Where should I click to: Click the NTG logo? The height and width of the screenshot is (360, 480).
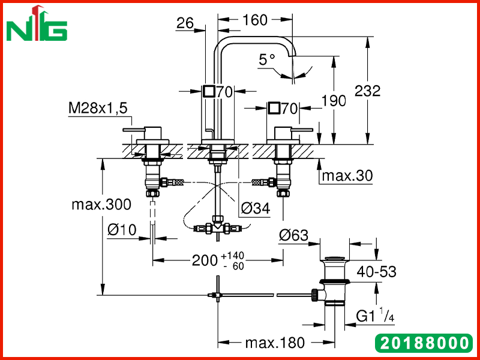click(x=37, y=24)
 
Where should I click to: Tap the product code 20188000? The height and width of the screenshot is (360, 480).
click(x=424, y=343)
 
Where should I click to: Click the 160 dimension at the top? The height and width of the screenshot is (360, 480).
click(x=254, y=20)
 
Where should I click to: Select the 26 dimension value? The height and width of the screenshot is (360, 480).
click(x=185, y=23)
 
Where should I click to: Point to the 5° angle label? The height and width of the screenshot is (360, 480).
click(x=267, y=59)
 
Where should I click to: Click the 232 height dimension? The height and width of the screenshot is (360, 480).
click(x=367, y=91)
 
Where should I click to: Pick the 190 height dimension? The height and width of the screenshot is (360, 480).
click(x=334, y=100)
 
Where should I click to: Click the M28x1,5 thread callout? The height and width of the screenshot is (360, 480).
click(x=98, y=108)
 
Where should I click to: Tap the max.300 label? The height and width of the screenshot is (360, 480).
click(x=101, y=204)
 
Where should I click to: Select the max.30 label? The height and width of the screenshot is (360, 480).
click(x=347, y=176)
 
